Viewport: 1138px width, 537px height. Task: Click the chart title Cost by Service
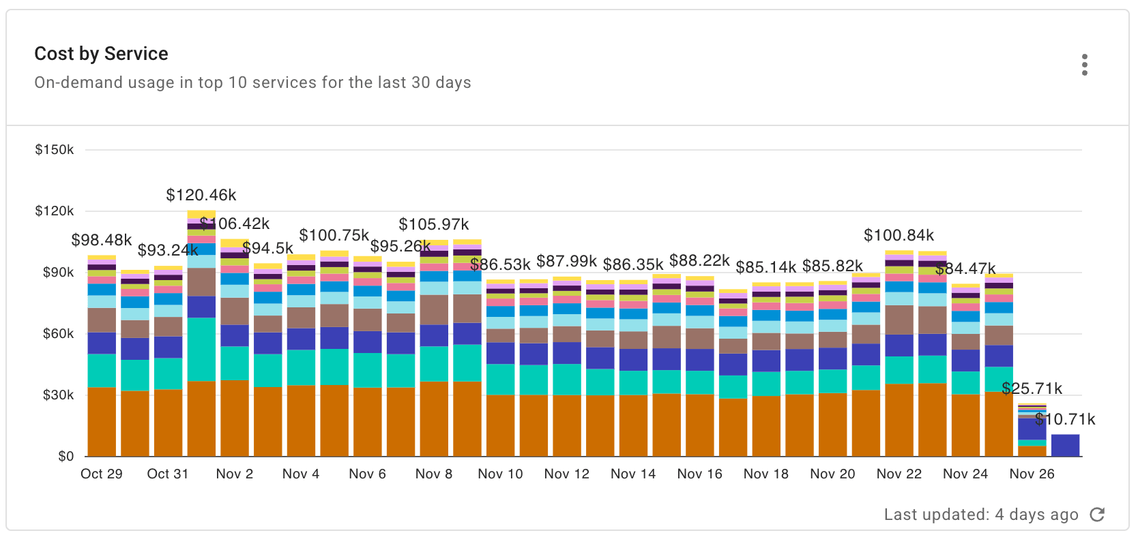pyautogui.click(x=101, y=54)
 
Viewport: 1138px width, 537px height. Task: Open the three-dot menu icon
pyautogui.click(x=1084, y=65)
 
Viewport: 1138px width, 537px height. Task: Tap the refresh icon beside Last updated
pyautogui.click(x=1097, y=515)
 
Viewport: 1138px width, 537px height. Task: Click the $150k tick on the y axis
pyautogui.click(x=55, y=149)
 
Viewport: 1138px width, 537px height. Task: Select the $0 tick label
pyautogui.click(x=65, y=456)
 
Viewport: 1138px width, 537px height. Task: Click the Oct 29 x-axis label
pyautogui.click(x=102, y=474)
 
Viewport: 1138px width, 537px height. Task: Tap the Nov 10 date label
pyautogui.click(x=500, y=474)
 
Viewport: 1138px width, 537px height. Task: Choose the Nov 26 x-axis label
pyautogui.click(x=1032, y=474)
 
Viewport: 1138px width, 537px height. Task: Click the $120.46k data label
pyautogui.click(x=201, y=195)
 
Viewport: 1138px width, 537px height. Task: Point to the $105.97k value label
pyautogui.click(x=434, y=224)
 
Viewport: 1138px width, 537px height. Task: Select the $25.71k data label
pyautogui.click(x=1032, y=388)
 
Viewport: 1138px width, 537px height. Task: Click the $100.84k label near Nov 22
pyautogui.click(x=899, y=235)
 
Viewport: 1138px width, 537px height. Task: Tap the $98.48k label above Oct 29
pyautogui.click(x=101, y=240)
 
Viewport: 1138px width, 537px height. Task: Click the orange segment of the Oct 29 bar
pyautogui.click(x=102, y=423)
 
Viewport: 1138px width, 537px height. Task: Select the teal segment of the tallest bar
pyautogui.click(x=201, y=349)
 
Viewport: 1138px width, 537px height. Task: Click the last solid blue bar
pyautogui.click(x=1065, y=445)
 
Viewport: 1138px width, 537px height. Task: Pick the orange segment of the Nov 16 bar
pyautogui.click(x=699, y=425)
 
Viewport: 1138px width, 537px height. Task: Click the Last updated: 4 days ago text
pyautogui.click(x=980, y=515)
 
